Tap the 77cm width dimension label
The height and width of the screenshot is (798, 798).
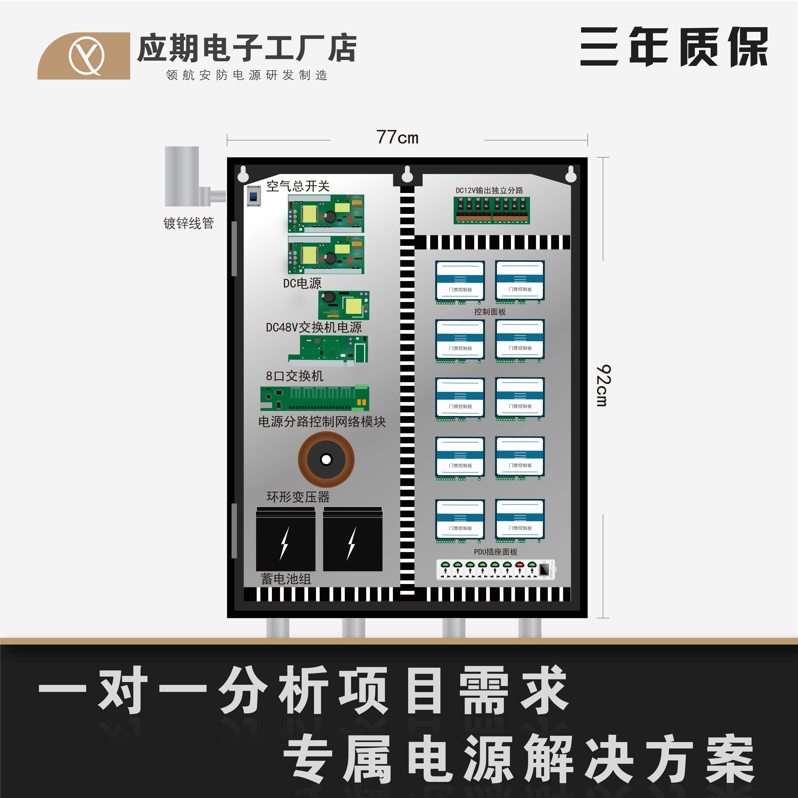pyautogui.click(x=397, y=138)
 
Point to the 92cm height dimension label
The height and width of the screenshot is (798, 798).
pyautogui.click(x=603, y=385)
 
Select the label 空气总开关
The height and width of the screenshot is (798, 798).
pyautogui.click(x=298, y=186)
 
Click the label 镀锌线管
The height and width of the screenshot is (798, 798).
pyautogui.click(x=188, y=224)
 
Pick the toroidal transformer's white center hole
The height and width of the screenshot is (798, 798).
pyautogui.click(x=326, y=459)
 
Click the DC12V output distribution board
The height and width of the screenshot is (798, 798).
pyautogui.click(x=492, y=210)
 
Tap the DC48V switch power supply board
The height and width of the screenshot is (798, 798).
pyautogui.click(x=344, y=305)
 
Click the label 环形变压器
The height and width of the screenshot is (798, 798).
pyautogui.click(x=298, y=497)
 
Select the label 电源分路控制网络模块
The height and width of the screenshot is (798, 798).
pyautogui.click(x=322, y=422)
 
